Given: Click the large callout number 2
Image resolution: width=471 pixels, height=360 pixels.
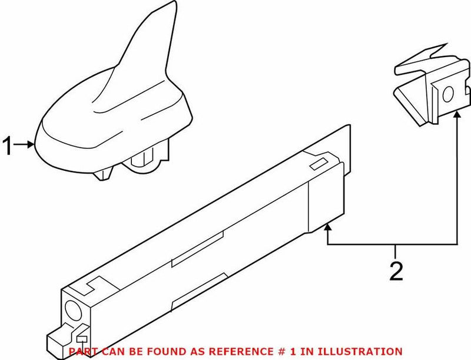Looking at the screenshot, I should pyautogui.click(x=396, y=271).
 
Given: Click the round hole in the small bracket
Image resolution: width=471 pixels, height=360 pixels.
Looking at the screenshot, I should pyautogui.click(x=446, y=93).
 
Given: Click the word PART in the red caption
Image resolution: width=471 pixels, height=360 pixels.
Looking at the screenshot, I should pyautogui.click(x=82, y=351).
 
